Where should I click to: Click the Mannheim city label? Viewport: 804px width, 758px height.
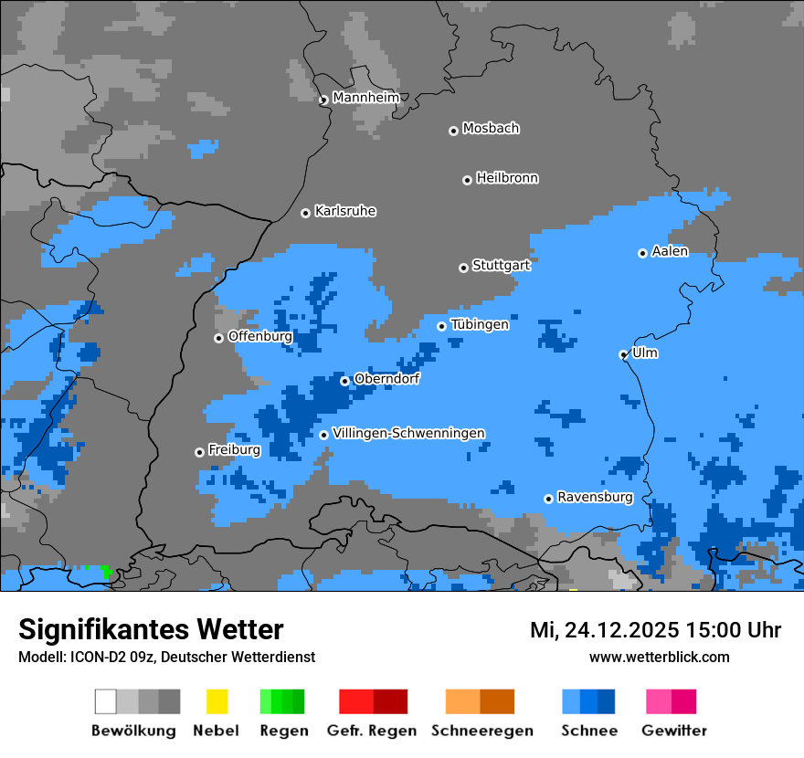click(x=365, y=98)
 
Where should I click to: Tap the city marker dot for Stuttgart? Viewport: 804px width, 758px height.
click(x=463, y=268)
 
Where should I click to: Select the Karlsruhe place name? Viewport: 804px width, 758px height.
click(x=345, y=211)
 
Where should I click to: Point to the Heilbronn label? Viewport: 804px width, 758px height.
click(x=507, y=178)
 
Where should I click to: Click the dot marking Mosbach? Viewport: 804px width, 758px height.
click(x=453, y=131)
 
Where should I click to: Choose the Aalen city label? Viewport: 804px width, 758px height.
click(x=670, y=251)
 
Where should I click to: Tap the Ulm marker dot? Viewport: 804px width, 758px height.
click(x=623, y=354)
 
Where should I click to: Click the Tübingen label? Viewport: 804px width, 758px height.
click(x=480, y=324)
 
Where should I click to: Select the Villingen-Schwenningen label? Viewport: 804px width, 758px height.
click(x=408, y=433)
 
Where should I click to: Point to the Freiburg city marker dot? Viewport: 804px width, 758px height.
click(x=199, y=452)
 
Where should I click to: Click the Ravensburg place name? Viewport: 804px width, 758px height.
click(x=595, y=497)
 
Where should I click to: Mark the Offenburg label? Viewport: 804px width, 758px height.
click(x=259, y=336)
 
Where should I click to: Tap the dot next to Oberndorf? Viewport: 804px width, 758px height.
click(x=344, y=381)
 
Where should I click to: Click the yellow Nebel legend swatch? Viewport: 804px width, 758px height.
click(x=217, y=701)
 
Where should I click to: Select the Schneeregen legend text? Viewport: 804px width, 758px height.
click(x=481, y=731)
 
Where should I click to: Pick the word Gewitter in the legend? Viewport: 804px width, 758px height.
click(x=673, y=731)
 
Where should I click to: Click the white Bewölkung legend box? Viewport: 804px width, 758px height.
click(x=106, y=701)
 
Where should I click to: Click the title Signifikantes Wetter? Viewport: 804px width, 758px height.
click(x=151, y=630)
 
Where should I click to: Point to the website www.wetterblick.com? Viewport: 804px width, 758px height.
click(x=659, y=657)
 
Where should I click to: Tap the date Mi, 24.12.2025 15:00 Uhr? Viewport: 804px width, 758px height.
click(x=655, y=630)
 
